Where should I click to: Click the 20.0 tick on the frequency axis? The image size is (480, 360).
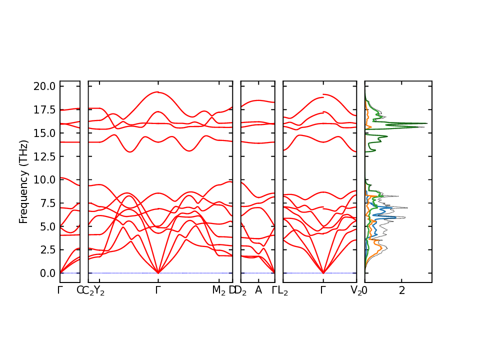coord(45,86)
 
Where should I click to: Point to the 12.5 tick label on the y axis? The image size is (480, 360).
coord(45,156)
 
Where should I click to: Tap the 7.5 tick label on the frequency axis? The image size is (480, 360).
coord(47,203)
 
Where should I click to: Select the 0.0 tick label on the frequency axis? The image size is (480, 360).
coord(47,273)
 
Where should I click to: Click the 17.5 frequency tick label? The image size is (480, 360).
coord(45,109)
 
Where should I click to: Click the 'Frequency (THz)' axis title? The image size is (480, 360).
coord(23,181)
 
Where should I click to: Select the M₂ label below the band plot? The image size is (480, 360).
coord(218,290)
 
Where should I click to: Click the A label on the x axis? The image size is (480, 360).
coord(258,290)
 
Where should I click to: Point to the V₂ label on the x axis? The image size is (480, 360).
coord(356,290)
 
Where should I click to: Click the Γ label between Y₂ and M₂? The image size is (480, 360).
coord(158,290)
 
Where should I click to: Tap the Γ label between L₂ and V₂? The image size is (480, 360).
coord(323,290)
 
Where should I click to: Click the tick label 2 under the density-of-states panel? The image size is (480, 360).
coord(402,290)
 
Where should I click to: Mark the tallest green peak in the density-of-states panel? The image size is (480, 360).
coord(426,123)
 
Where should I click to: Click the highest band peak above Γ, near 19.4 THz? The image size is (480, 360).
coord(158,92)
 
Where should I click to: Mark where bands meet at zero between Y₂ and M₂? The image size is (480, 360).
coord(158,273)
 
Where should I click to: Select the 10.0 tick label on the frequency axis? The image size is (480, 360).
coord(45,179)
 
